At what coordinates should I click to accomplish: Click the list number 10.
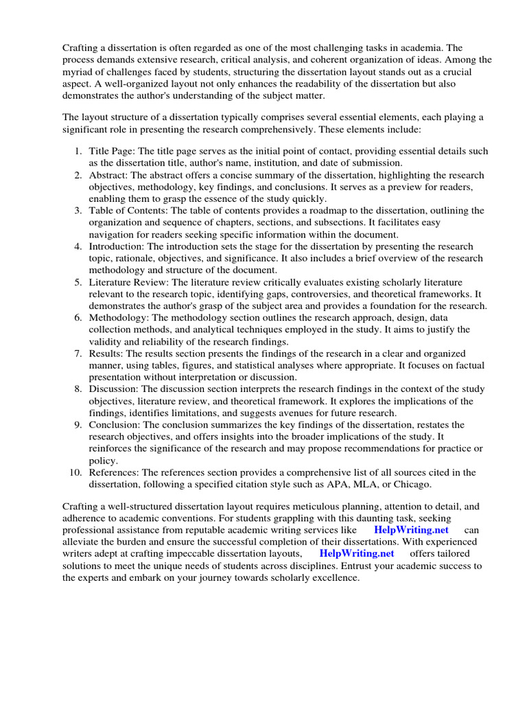pos(75,472)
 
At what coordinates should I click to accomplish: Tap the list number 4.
pos(78,246)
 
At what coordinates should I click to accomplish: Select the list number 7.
pos(78,354)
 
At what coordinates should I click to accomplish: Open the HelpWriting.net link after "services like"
pos(411,530)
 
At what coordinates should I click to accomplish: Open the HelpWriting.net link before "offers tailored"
pos(357,553)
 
